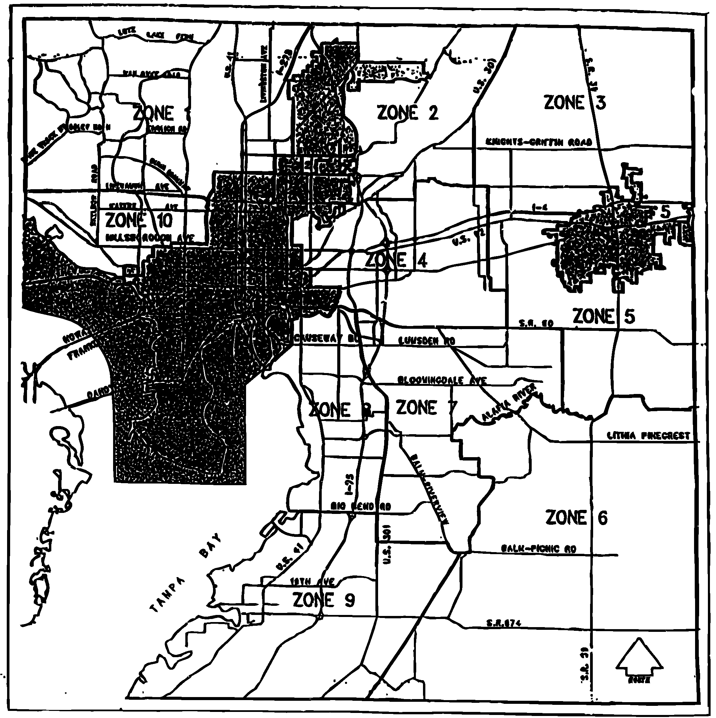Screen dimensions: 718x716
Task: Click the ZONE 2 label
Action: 407,113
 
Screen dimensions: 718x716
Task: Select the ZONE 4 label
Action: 396,260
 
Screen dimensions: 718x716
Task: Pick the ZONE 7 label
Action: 426,408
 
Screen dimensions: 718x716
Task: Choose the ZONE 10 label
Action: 139,221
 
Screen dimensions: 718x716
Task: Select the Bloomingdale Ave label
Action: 442,380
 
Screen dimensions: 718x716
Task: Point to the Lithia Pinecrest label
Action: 648,436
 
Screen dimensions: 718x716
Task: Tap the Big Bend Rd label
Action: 361,506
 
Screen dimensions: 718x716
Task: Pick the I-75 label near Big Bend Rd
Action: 349,485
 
